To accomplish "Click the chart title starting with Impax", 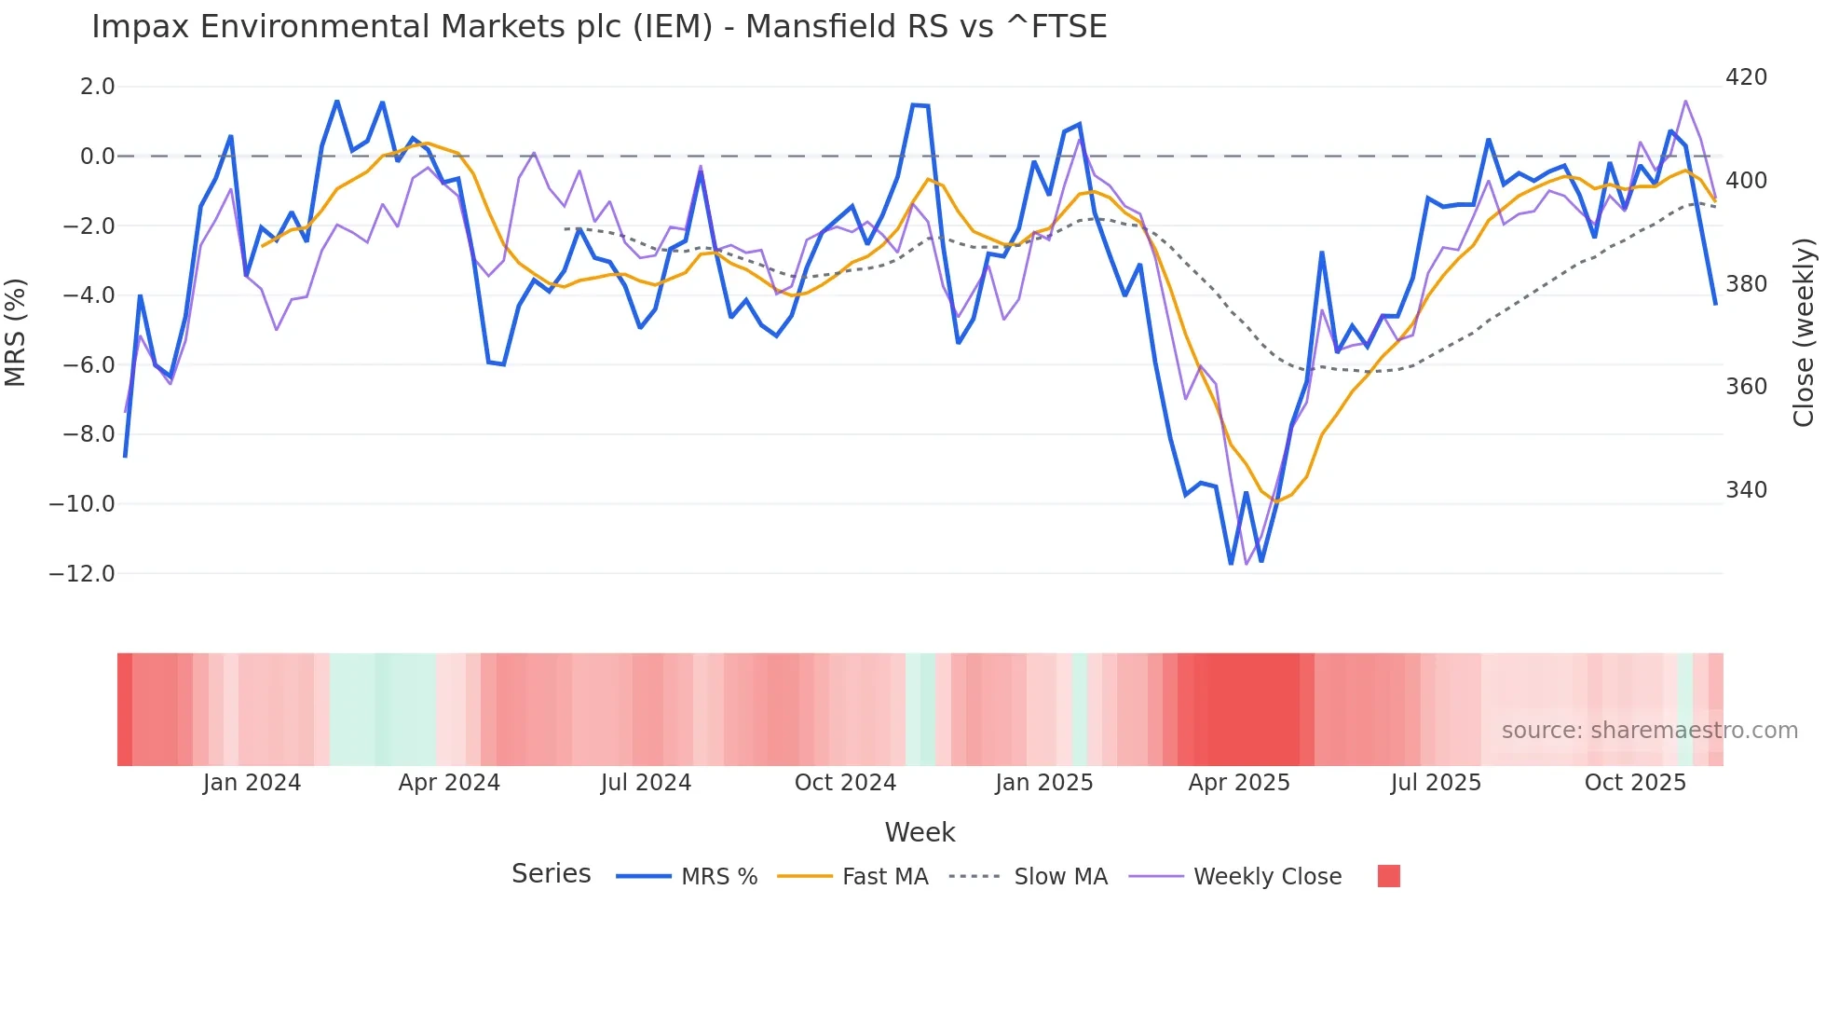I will point(599,27).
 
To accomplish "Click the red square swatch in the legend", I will point(1388,876).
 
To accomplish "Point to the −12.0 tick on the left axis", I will point(82,574).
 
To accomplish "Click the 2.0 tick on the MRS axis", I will point(97,87).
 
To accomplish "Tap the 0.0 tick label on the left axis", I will point(97,157).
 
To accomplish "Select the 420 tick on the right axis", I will point(1746,77).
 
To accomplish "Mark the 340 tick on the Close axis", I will point(1746,490).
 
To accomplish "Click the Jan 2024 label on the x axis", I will point(252,783).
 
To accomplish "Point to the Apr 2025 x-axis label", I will point(1239,783).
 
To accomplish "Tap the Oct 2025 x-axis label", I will point(1635,783).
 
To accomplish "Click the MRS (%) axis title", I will point(16,332).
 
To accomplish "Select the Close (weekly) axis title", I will point(1805,332).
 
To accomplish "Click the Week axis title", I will point(920,832).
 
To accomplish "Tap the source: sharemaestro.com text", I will point(1649,731).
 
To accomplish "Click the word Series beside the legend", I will point(551,874).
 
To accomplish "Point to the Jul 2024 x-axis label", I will point(646,783).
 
